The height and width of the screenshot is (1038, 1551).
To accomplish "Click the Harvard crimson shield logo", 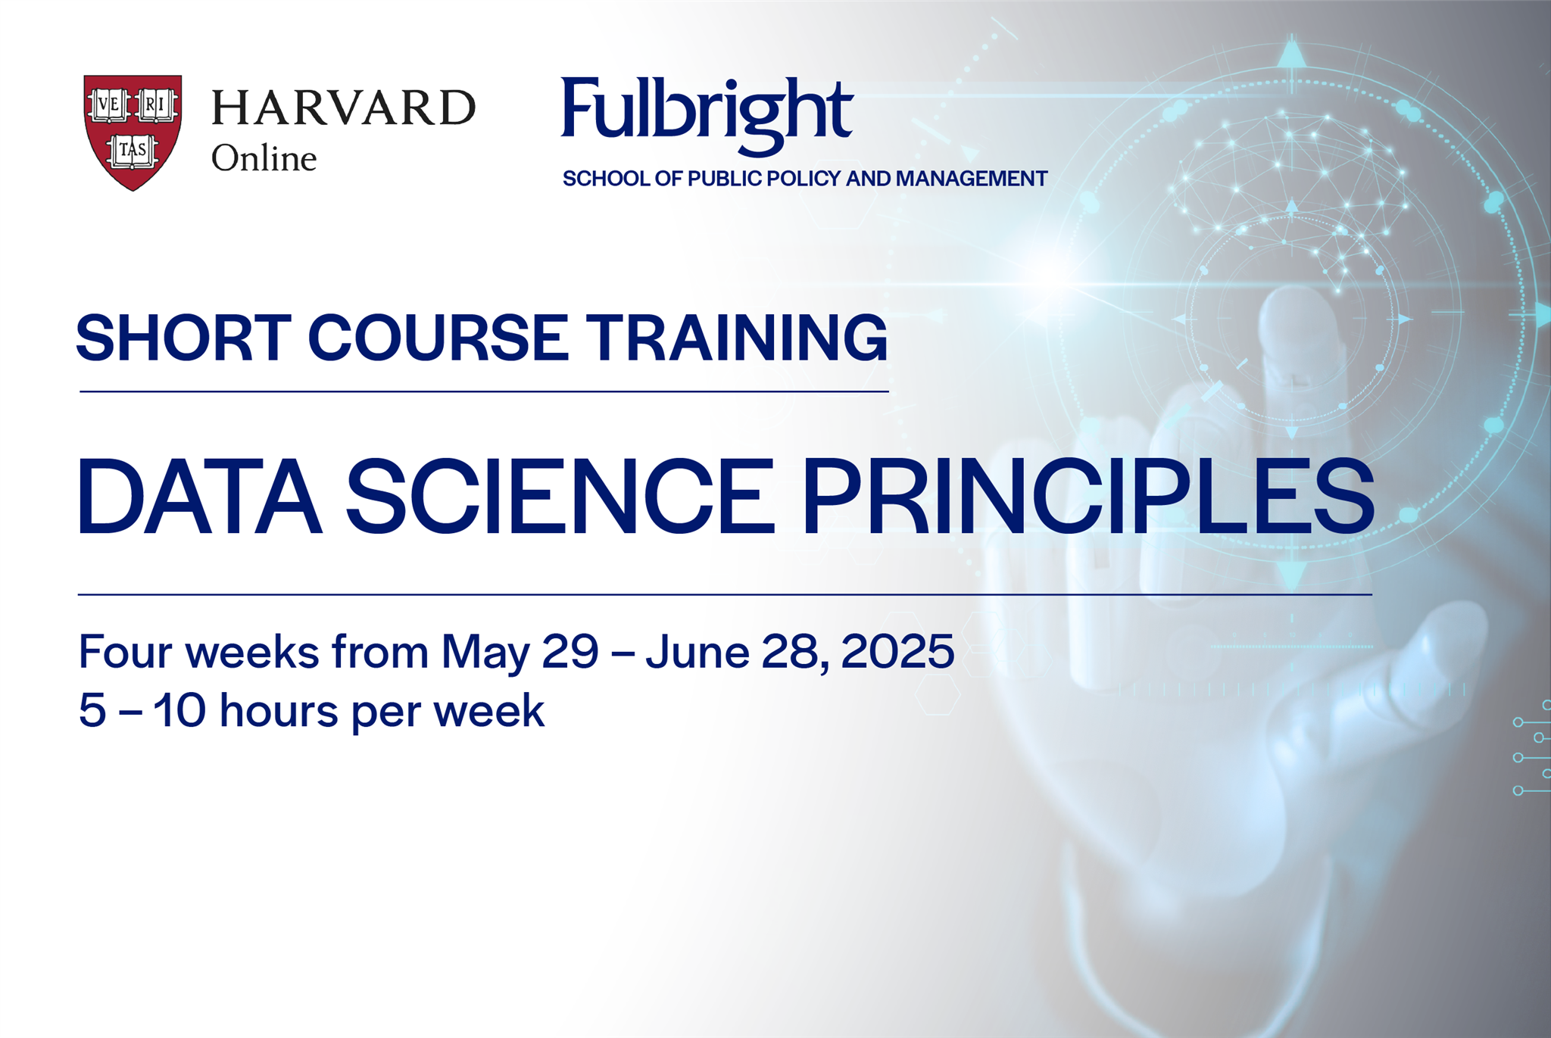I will [x=133, y=130].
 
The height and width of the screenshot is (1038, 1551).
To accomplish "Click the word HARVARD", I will [x=343, y=108].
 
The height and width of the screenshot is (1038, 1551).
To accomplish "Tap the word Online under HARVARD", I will [x=264, y=158].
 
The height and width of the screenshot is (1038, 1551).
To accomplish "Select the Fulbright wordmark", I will [x=707, y=111].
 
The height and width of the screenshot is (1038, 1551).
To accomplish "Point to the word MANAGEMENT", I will [x=972, y=179].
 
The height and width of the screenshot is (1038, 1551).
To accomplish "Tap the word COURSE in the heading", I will [x=438, y=338].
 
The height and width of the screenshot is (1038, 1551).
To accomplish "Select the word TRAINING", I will [x=737, y=338].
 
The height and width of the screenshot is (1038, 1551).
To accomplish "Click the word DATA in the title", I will [x=199, y=497].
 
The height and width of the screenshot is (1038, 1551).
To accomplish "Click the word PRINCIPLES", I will [x=1088, y=497].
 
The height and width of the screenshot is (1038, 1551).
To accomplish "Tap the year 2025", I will [x=897, y=651].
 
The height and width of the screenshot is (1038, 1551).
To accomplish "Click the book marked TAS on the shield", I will [x=133, y=150].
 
